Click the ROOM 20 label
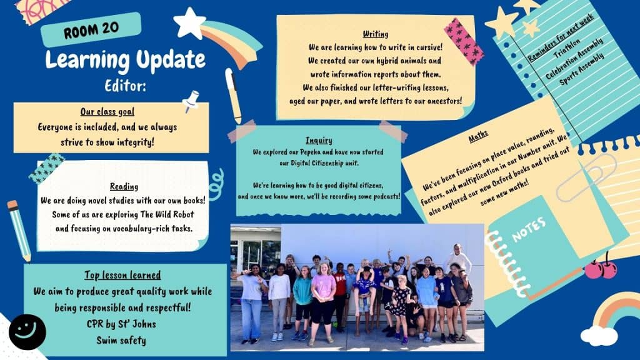coord(91,29)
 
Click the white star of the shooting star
coord(189,23)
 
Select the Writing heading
coord(376,34)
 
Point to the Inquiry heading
coord(319,141)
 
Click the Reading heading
coord(124,186)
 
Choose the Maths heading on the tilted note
coord(478,136)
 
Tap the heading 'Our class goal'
coord(107,112)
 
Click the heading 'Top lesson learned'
coord(122,275)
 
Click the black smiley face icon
coord(27,332)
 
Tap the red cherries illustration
coord(601,267)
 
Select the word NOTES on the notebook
coord(529,229)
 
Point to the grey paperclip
coord(586,178)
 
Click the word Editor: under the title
coord(125,86)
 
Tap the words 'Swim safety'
coord(121,341)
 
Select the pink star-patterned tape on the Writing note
coord(464,42)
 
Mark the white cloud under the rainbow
coord(599,336)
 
